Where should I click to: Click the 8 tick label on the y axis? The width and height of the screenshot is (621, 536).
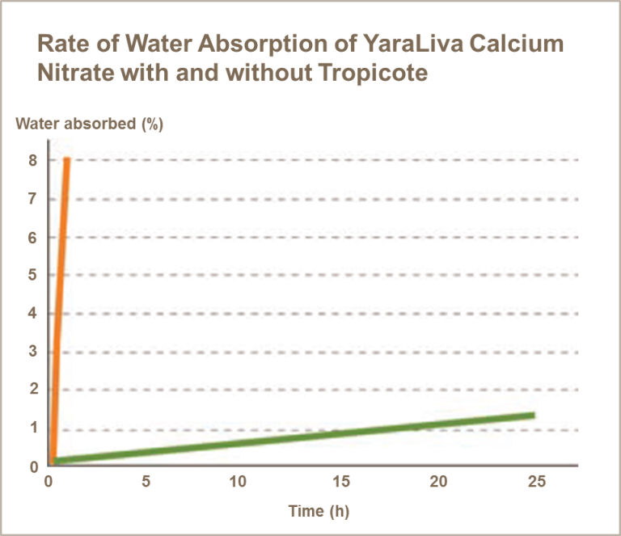33,160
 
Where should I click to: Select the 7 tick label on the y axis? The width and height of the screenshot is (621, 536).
33,199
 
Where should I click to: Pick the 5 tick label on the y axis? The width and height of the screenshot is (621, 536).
33,276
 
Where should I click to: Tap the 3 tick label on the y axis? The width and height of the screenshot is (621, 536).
33,352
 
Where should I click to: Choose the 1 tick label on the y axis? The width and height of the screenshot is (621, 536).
33,428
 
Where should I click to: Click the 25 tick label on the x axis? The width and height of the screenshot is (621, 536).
537,482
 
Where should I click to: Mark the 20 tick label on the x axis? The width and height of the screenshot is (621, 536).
437,482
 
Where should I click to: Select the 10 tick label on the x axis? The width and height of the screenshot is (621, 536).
238,482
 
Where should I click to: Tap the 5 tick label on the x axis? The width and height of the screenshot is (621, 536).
146,482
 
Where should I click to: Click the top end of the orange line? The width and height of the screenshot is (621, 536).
67,160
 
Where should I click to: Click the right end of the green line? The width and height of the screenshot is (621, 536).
532,416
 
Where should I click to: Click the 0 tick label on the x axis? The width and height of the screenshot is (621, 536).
49,482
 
